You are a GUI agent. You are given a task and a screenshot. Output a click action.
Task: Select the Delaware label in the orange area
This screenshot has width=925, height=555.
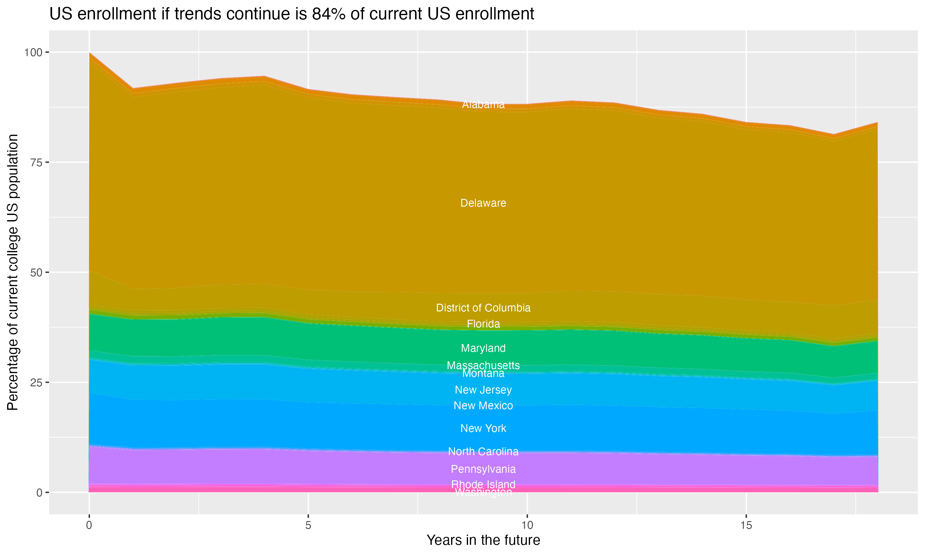coord(483,203)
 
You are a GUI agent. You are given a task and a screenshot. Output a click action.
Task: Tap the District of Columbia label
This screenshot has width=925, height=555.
coord(483,308)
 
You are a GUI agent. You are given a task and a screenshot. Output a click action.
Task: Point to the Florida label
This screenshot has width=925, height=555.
coord(483,323)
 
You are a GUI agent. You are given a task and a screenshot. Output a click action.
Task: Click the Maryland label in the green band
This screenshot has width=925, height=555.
coord(483,348)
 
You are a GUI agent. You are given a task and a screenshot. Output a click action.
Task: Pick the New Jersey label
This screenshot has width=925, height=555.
coord(483,390)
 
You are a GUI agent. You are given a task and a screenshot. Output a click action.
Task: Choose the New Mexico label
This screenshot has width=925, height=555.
coord(483,405)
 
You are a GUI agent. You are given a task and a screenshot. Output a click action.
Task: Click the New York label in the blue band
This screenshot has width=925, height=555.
coord(483,428)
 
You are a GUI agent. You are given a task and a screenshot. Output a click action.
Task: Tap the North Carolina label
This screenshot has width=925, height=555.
coord(483,451)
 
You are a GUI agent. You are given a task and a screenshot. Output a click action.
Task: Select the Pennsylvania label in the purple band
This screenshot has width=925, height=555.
coord(483,469)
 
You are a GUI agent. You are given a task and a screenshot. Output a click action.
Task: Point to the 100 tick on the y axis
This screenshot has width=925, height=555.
coord(33,52)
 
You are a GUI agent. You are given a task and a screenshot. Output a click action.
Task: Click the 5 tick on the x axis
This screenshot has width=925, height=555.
coord(308,525)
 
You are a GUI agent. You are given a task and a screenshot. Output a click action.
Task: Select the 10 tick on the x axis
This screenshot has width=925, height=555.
coord(527,525)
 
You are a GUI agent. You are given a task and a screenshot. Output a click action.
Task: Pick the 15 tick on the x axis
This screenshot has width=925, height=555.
coord(746,525)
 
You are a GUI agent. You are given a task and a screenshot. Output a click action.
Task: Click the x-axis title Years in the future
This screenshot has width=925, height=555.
coord(483,541)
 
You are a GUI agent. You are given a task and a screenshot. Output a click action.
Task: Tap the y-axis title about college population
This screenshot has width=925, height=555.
coord(13,272)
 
